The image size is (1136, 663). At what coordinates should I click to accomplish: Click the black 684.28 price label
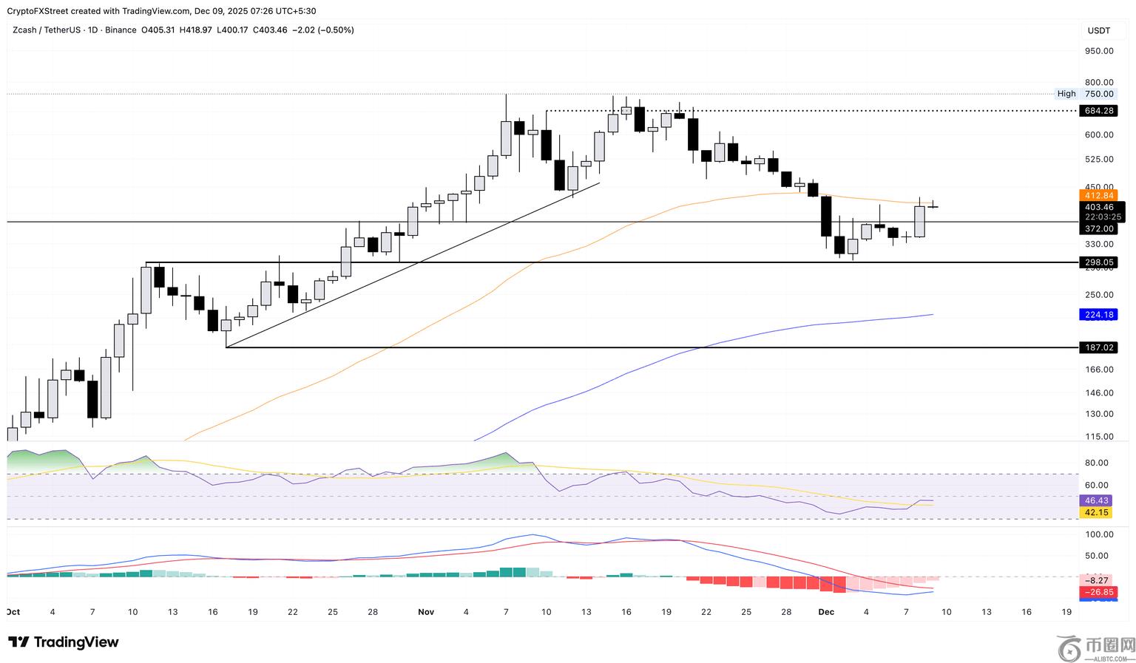(x=1098, y=111)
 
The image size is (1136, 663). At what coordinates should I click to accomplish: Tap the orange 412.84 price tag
(x=1098, y=195)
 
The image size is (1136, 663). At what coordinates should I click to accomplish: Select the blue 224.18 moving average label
(x=1098, y=315)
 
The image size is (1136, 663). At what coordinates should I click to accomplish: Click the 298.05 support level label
(x=1098, y=262)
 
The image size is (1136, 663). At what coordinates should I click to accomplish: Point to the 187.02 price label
(x=1098, y=347)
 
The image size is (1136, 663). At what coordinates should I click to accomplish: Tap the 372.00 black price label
(x=1098, y=229)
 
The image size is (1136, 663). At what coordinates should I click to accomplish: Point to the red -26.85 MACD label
(x=1098, y=592)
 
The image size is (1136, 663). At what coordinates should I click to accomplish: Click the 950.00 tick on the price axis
(x=1098, y=51)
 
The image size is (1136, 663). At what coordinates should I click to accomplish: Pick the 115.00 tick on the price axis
(x=1098, y=437)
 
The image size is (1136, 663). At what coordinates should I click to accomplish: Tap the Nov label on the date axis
(x=425, y=612)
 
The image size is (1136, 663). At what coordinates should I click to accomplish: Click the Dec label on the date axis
(x=826, y=612)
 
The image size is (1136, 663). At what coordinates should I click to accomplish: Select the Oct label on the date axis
(x=13, y=612)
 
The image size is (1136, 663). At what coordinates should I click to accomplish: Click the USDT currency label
(x=1098, y=30)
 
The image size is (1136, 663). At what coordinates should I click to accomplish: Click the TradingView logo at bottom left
(x=64, y=642)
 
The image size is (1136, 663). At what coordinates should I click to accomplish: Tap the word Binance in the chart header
(x=121, y=30)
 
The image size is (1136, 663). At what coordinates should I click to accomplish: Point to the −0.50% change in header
(x=335, y=30)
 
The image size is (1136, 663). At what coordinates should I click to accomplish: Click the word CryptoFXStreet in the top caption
(x=38, y=11)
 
